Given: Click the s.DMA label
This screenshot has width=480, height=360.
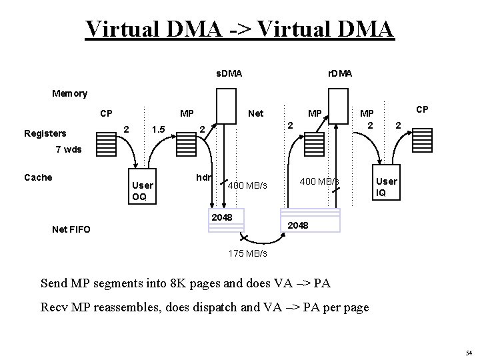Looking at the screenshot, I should tap(229, 72).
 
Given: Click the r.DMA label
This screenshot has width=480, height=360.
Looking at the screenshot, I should tap(341, 72).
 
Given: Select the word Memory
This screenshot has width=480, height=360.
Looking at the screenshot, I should tap(69, 93).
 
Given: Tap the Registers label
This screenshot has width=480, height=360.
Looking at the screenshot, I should tap(45, 133).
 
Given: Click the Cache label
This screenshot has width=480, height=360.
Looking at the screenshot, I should tap(38, 177).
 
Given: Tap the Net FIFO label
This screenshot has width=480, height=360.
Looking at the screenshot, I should tap(71, 229).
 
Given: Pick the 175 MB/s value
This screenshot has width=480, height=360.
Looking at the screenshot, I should tap(247, 254).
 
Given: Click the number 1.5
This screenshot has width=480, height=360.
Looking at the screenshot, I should tap(157, 128).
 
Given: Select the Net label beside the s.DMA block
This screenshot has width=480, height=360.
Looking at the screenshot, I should tap(255, 114).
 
